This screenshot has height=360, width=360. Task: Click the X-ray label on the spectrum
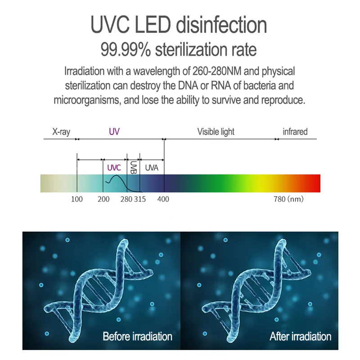pos(61,132)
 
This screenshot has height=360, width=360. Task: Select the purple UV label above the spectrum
pos(114,132)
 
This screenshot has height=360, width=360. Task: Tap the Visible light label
pos(216,132)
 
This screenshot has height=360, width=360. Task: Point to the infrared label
pos(295,132)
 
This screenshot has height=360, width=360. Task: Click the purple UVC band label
pos(114,168)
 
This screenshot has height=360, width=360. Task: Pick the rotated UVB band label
pos(133,168)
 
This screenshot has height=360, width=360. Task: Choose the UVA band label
pos(152,168)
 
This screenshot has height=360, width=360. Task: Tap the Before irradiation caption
pos(137,336)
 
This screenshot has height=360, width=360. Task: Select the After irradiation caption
pos(300,336)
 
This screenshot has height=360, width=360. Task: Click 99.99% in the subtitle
pos(126,49)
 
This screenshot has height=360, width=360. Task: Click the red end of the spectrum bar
pos(315,184)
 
